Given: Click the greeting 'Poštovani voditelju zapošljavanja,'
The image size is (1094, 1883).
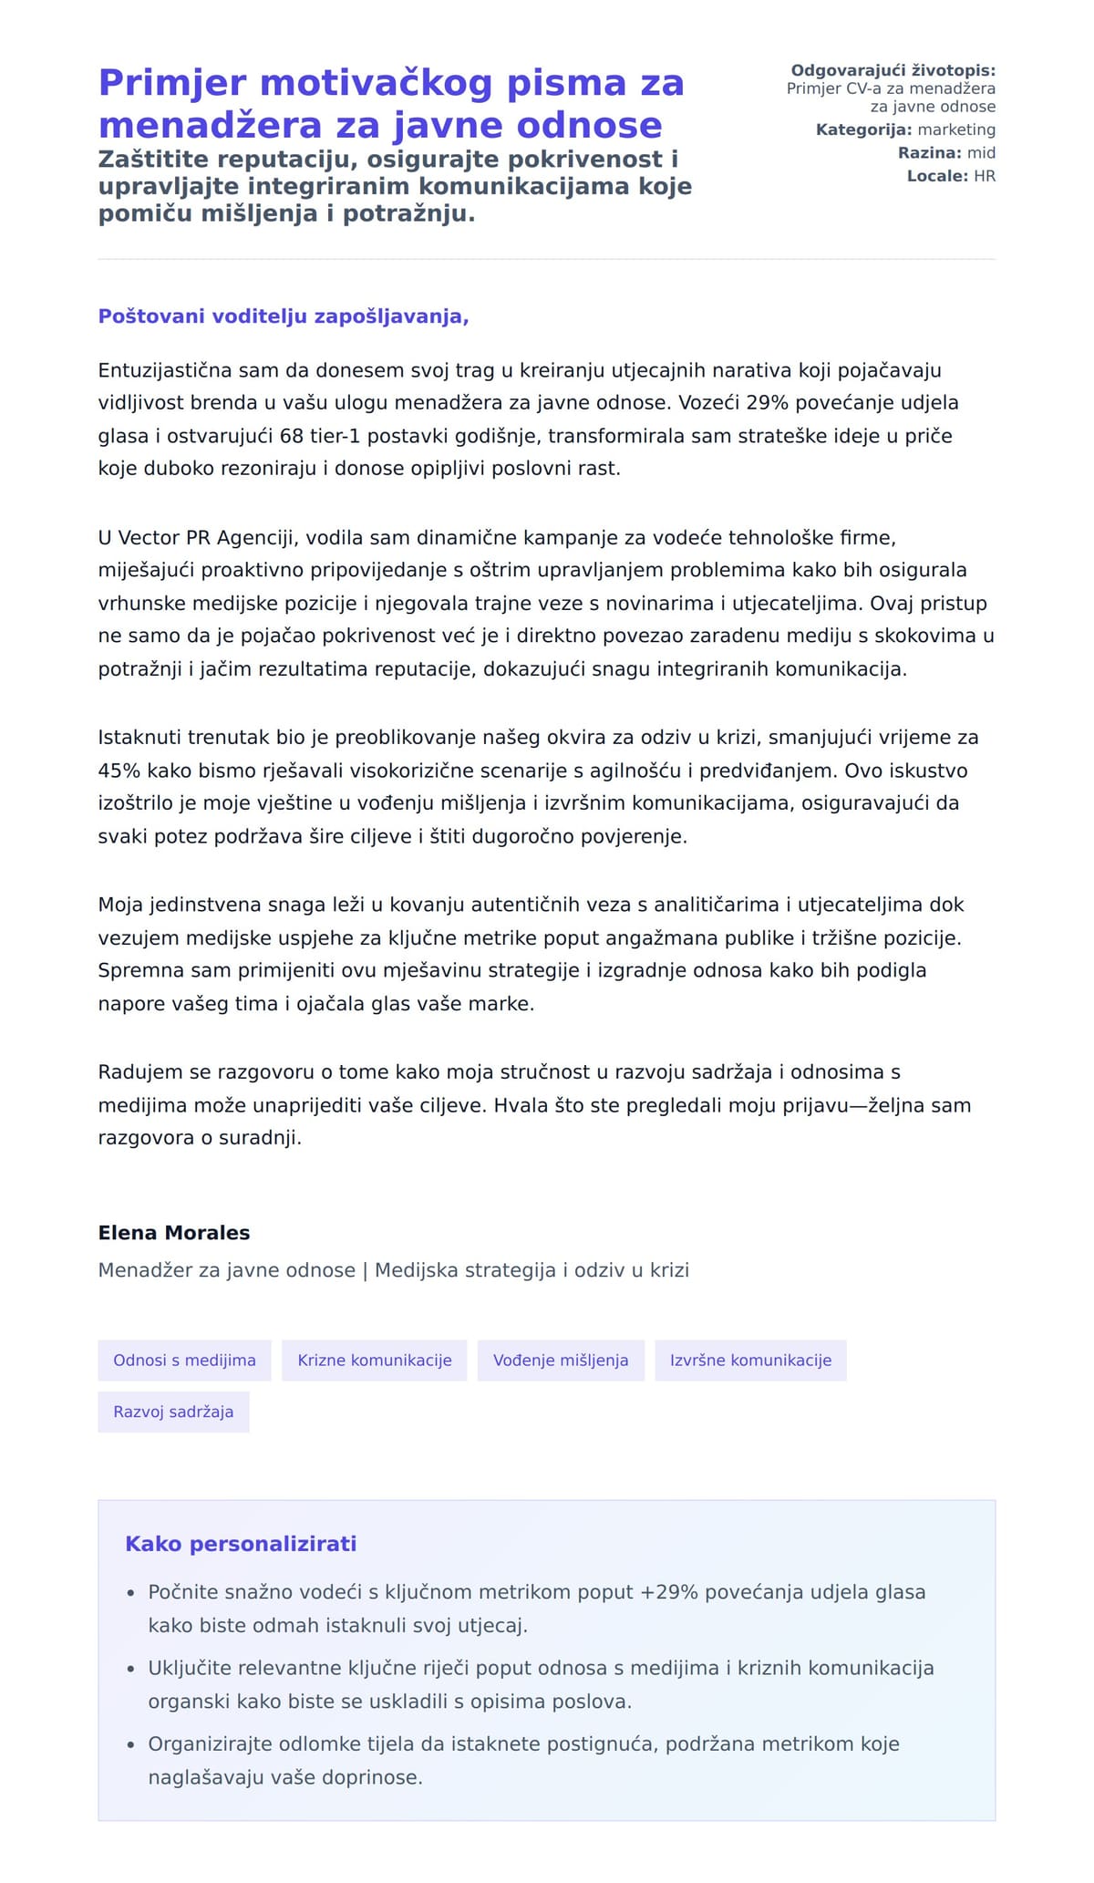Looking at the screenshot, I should pos(283,316).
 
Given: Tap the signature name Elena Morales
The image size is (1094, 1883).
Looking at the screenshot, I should pos(173,1233).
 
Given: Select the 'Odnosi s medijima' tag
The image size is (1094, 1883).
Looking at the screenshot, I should pos(184,1361).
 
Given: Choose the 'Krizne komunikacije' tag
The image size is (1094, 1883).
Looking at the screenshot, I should pos(374,1361).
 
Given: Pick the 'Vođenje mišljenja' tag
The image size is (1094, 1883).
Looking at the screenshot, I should pos(561,1361).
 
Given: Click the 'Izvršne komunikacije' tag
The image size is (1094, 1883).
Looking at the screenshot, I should pos(750,1361).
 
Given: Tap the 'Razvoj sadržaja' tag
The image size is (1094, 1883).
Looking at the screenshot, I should pos(173,1412).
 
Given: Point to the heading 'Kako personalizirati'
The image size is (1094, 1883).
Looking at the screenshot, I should pos(241,1544).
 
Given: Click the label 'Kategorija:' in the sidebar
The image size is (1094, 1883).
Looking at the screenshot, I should pos(863,129).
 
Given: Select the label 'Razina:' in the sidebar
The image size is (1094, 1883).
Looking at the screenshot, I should pos(929,153).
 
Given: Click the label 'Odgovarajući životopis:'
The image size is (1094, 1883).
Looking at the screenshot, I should pos(893,70).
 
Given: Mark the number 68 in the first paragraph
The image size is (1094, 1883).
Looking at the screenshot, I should pos(292,436).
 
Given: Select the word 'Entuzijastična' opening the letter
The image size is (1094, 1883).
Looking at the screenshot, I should pos(165,370).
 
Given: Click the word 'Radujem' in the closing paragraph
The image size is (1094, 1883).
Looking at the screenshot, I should pos(136,1072).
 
